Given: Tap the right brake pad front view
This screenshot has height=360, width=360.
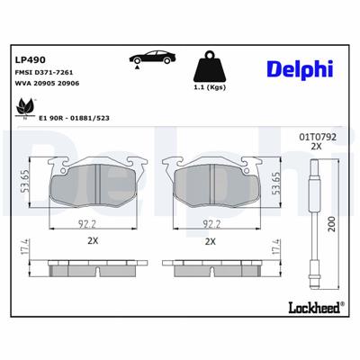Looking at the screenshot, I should point(211,184).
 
